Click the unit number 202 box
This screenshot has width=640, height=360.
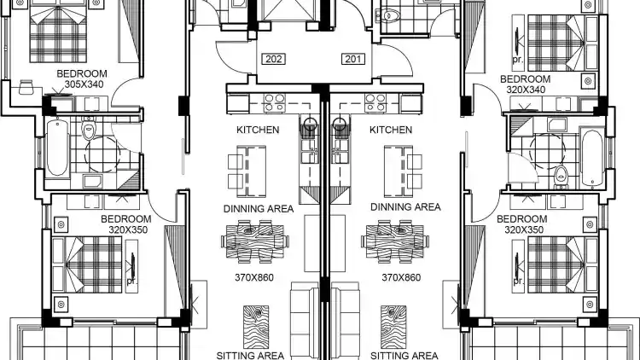click(x=273, y=59)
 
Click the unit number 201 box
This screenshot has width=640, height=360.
click(x=353, y=59)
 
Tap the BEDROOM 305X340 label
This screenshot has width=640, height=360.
click(x=82, y=78)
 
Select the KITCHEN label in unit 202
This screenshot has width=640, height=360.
click(x=258, y=130)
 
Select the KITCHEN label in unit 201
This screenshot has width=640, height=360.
click(x=391, y=130)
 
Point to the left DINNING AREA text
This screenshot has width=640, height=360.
click(x=259, y=208)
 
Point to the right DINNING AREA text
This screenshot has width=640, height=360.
click(x=405, y=207)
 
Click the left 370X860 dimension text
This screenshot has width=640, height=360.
click(x=254, y=277)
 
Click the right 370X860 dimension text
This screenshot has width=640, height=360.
click(x=401, y=277)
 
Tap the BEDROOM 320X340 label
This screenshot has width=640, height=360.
click(x=526, y=84)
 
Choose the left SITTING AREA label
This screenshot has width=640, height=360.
click(x=250, y=356)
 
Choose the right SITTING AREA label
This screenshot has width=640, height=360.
click(x=404, y=356)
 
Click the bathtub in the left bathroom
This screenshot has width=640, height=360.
click(x=56, y=148)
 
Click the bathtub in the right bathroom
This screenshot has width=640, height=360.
click(x=592, y=159)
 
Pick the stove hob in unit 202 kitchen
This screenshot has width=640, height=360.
click(x=274, y=103)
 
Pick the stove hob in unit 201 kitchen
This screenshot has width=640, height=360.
click(x=375, y=103)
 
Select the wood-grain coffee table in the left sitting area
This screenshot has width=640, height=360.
click(x=256, y=327)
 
